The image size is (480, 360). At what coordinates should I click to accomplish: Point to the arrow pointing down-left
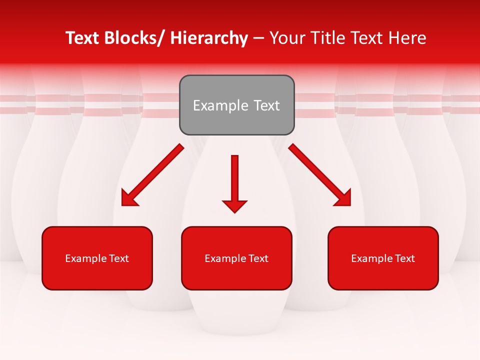(153, 175)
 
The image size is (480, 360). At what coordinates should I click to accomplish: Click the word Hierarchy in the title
(208, 38)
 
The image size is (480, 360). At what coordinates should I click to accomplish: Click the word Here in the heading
(408, 38)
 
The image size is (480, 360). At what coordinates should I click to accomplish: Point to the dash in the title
(258, 38)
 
